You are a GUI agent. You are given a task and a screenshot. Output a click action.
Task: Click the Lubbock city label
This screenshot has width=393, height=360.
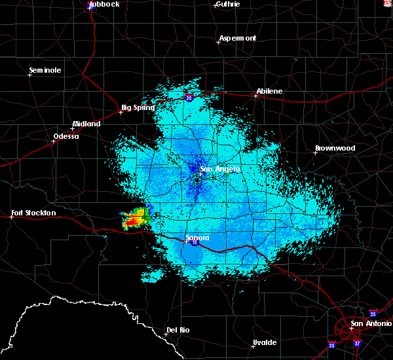105,4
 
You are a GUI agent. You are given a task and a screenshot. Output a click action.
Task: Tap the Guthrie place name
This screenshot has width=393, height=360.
227,4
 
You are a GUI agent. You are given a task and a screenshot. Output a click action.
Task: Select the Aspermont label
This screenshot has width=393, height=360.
237,38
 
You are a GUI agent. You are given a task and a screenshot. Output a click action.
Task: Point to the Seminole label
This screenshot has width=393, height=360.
45,70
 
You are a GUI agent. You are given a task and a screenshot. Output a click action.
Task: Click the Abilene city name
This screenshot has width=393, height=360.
269,91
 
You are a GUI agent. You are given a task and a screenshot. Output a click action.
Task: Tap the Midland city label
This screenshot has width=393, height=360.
86,124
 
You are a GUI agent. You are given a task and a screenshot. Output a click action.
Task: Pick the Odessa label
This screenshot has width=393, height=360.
65,137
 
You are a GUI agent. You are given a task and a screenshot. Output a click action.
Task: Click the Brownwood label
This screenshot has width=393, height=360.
335,149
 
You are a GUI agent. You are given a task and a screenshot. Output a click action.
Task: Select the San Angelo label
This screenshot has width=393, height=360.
220,169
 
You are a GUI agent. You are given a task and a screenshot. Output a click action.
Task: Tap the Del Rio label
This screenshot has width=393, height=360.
178,330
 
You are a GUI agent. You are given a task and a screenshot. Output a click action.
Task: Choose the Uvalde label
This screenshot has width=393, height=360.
264,343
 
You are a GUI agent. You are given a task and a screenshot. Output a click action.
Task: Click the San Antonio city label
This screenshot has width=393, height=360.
371,323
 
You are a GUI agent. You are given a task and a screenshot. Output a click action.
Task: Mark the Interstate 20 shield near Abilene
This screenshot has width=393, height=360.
189,98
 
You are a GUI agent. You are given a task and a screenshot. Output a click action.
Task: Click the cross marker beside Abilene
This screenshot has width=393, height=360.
255,96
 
